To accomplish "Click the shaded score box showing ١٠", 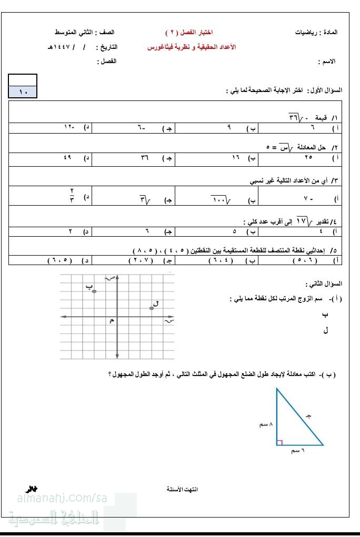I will coord(23,93).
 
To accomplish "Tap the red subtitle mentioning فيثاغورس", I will coord(191,47).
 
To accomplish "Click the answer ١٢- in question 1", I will coord(70,128).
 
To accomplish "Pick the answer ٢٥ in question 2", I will coord(308,157).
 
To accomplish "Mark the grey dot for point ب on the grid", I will coord(94,291).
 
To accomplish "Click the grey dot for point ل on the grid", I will coord(151,308).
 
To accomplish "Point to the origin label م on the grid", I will coord(111,321).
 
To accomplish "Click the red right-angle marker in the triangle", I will coord(279,442).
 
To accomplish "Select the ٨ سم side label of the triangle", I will coord(266,424).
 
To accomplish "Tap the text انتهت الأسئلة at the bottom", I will coord(182,489).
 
